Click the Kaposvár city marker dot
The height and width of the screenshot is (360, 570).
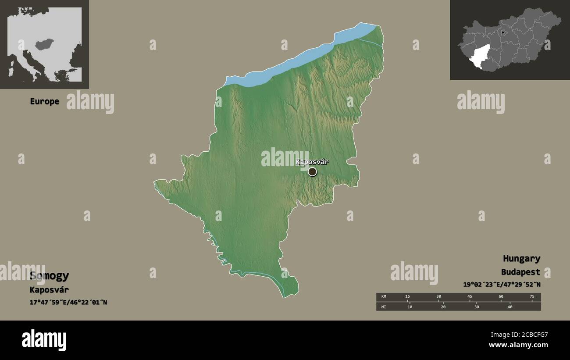click(x=312, y=171)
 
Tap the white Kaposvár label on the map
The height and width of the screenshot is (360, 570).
click(x=312, y=162)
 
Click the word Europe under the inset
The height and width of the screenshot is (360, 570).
click(x=44, y=101)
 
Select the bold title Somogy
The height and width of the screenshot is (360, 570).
click(x=50, y=276)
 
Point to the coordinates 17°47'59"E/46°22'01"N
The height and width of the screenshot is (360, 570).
click(x=68, y=302)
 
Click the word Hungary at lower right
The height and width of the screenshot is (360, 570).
click(x=521, y=258)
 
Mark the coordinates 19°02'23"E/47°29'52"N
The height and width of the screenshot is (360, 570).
click(x=502, y=284)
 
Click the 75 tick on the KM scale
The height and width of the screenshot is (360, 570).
click(x=532, y=297)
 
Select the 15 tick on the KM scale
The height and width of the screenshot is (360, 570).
click(x=408, y=297)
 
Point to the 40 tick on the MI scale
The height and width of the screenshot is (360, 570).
click(x=510, y=307)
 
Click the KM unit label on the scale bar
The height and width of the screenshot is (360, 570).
click(x=384, y=297)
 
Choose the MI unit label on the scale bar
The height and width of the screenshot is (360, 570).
click(x=384, y=307)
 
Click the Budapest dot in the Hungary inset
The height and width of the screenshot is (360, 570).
click(x=502, y=32)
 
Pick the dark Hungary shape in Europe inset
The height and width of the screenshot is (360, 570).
click(x=45, y=44)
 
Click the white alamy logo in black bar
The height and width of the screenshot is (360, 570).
click(x=44, y=340)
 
